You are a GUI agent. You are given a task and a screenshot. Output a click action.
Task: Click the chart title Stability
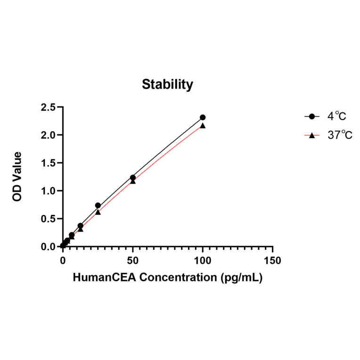click(167, 85)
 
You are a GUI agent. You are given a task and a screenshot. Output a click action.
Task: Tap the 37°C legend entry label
click(339, 136)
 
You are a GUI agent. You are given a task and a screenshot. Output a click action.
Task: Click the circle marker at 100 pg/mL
click(203, 117)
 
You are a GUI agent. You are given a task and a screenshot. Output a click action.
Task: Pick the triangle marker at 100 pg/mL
click(203, 126)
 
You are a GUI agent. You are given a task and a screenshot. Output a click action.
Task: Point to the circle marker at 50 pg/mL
click(133, 178)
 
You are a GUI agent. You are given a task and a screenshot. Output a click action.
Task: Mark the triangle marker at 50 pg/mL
click(133, 181)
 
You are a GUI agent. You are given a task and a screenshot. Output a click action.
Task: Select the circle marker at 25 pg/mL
click(98, 205)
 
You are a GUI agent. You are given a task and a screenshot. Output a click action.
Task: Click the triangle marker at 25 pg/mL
click(98, 212)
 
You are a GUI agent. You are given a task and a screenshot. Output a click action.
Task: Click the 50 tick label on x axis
click(133, 261)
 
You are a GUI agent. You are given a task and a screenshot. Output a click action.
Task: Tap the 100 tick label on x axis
click(203, 261)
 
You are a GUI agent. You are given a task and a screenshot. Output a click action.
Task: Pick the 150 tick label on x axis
click(273, 261)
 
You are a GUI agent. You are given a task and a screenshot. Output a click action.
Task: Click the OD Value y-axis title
click(17, 177)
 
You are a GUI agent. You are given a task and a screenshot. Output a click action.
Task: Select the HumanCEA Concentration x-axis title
click(167, 278)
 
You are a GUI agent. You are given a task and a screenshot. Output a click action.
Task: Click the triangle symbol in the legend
click(311, 136)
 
